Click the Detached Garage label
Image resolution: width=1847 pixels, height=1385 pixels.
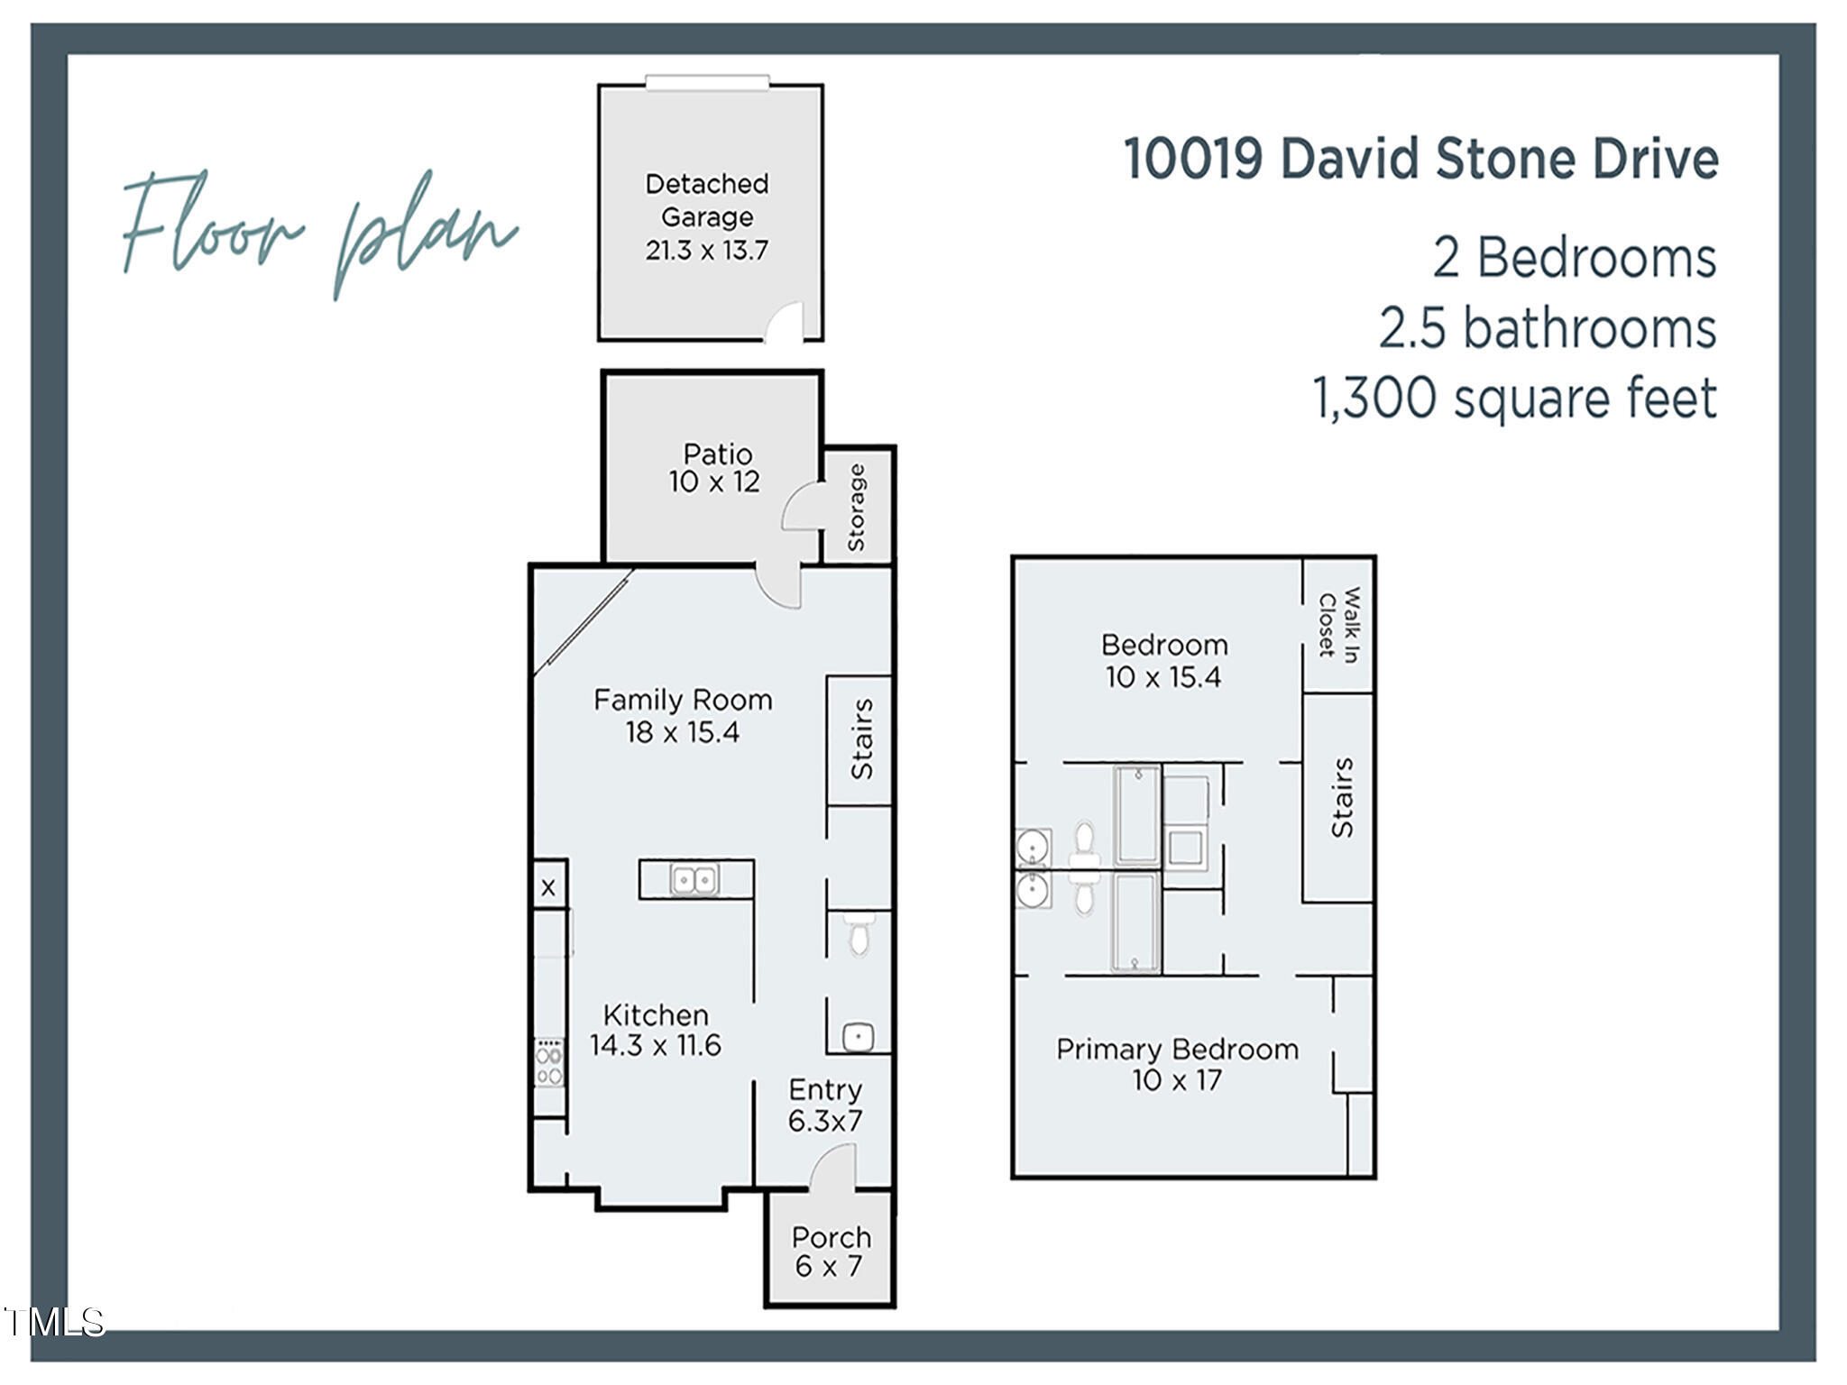(706, 216)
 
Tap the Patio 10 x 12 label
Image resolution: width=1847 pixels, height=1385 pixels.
(715, 467)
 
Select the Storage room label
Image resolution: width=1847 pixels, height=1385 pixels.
(857, 508)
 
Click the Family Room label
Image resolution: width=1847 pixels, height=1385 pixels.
(683, 716)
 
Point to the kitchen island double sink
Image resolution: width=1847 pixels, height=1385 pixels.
(694, 879)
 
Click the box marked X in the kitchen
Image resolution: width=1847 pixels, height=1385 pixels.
(548, 888)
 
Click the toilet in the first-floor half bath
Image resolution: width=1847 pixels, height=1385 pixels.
(858, 935)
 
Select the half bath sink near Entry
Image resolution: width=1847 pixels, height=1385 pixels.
(858, 1036)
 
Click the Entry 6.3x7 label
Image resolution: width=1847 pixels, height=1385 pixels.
(825, 1105)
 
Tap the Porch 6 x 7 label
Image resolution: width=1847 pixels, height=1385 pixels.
(831, 1252)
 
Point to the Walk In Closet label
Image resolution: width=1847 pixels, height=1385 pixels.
(1339, 625)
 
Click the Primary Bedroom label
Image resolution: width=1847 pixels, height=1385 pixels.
(1177, 1064)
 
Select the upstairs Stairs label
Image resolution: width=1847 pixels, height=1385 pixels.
(1342, 797)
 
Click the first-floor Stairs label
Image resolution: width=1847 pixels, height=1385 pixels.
(861, 738)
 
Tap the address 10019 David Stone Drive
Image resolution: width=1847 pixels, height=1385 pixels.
(1420, 159)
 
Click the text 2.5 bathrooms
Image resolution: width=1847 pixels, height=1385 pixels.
(1547, 328)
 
